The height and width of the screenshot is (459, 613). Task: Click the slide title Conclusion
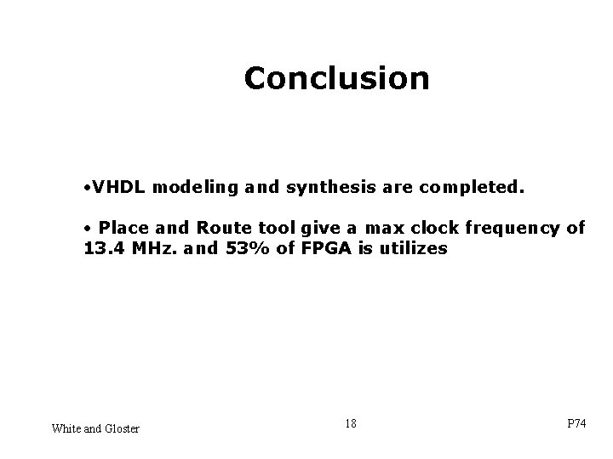point(336,78)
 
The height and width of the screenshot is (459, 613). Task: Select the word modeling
point(191,184)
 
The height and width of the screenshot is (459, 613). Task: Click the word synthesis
point(316,184)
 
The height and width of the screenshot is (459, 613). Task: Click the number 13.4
point(103,250)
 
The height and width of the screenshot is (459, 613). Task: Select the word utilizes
point(407,250)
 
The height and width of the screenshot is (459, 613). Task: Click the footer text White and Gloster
point(95,428)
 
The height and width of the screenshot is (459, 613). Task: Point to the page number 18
point(351,422)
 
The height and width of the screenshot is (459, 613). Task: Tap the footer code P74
point(576,424)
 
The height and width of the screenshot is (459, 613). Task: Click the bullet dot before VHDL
point(88,184)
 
